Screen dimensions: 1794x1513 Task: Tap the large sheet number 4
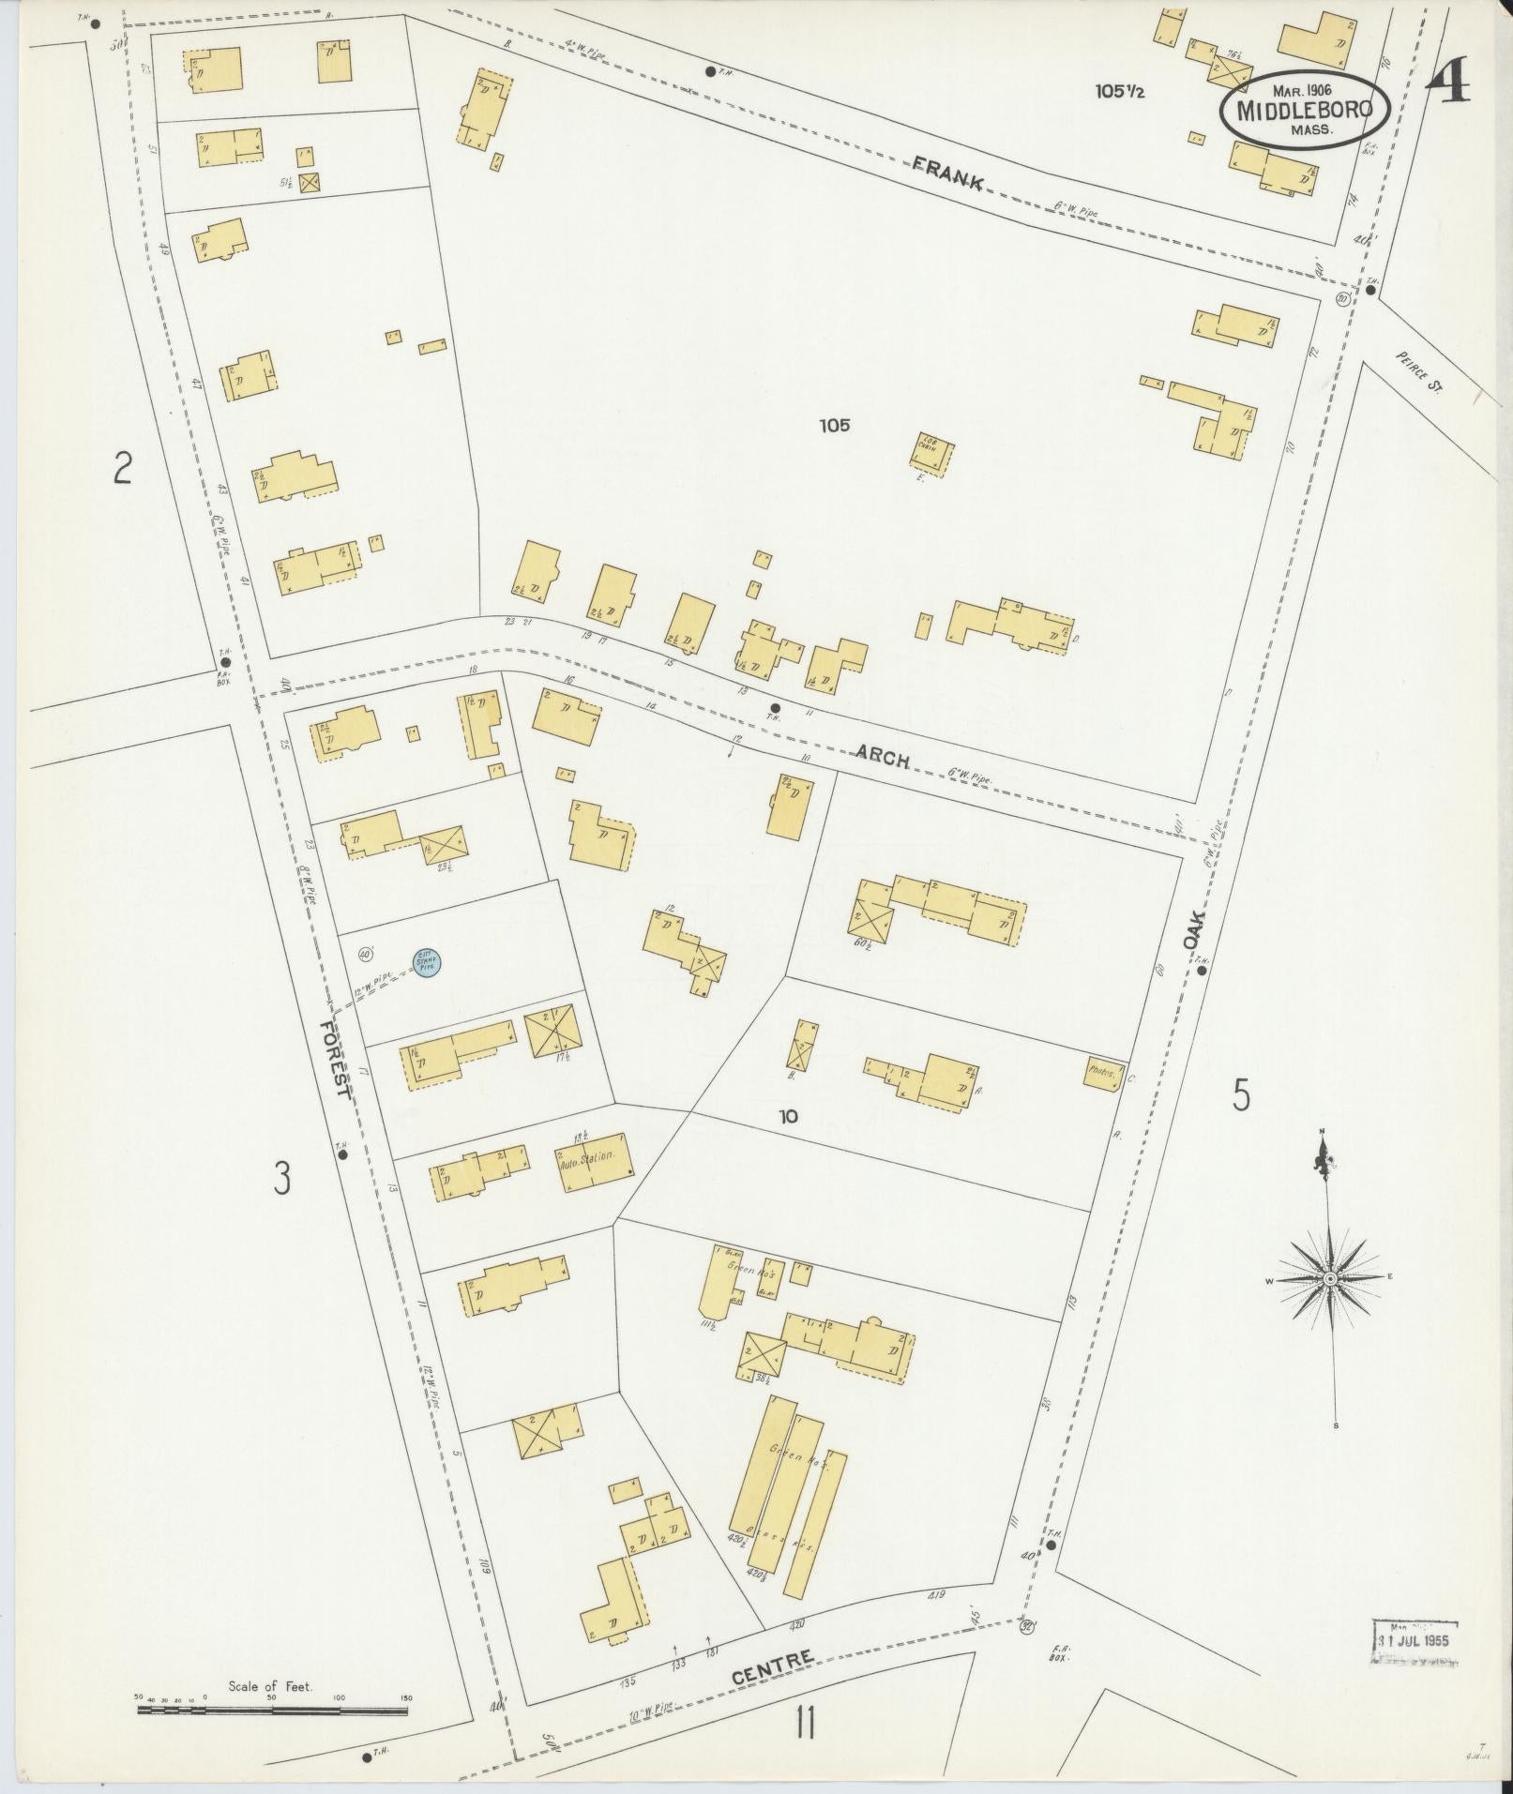point(1450,83)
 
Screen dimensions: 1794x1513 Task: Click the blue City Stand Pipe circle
point(428,962)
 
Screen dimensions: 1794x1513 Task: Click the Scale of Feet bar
point(272,1711)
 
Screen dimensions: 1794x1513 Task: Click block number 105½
point(1118,92)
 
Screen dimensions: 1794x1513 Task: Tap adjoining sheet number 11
point(804,1723)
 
